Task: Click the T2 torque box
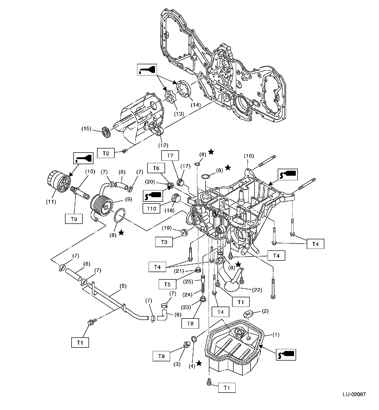[106, 153]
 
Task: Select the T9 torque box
[74, 219]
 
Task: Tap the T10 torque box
[151, 209]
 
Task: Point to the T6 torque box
[156, 168]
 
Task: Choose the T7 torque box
[170, 156]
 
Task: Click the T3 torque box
[164, 242]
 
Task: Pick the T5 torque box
[167, 284]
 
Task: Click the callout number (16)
[248, 156]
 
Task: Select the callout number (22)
[257, 290]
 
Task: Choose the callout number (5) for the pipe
[123, 286]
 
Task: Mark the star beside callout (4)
[199, 363]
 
